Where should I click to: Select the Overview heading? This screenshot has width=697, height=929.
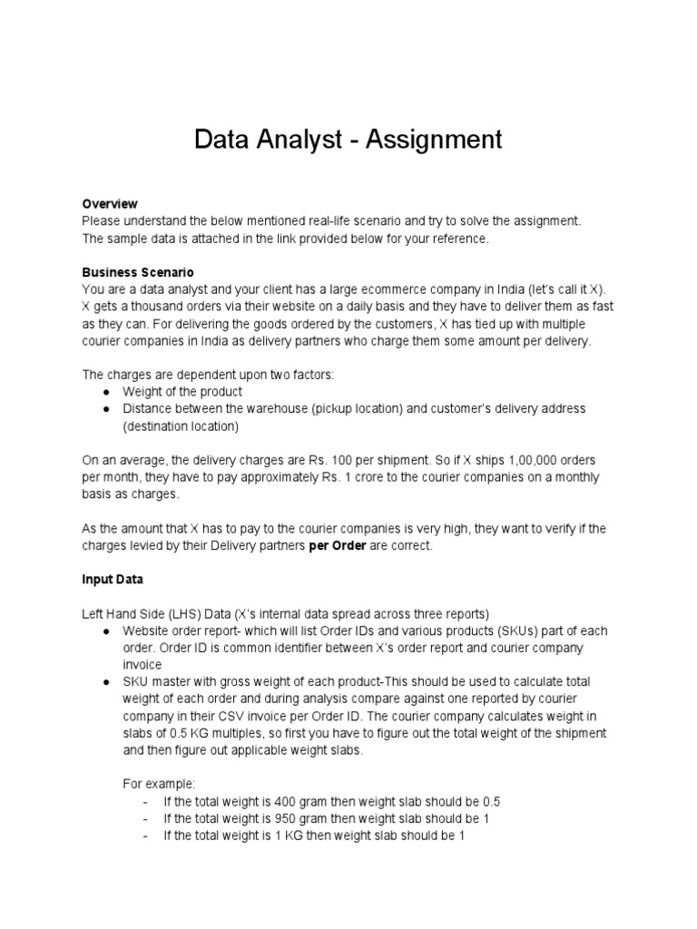click(x=110, y=204)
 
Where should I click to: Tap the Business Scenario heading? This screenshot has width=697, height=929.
click(x=138, y=272)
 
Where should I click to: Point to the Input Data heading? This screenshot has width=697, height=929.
click(x=113, y=579)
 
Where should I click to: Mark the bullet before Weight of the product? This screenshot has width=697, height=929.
click(x=106, y=391)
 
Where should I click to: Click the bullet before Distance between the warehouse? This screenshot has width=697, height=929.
click(x=106, y=409)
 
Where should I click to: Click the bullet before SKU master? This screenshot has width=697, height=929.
click(x=106, y=681)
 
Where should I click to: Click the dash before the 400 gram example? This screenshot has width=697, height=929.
click(x=147, y=802)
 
